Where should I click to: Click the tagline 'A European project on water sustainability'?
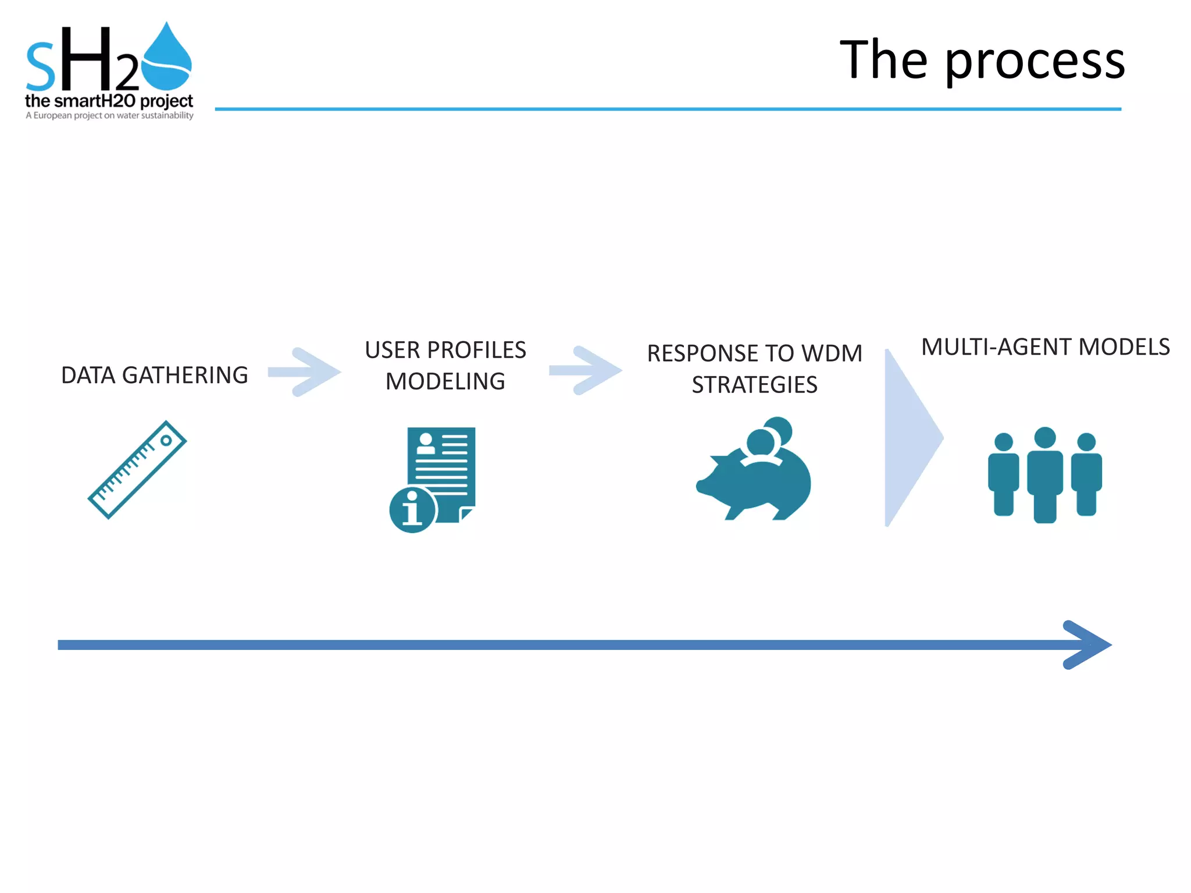click(x=109, y=116)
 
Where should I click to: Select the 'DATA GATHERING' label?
click(x=155, y=376)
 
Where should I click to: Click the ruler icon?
click(x=137, y=470)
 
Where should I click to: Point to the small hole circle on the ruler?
click(x=166, y=441)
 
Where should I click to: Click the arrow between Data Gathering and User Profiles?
click(x=305, y=372)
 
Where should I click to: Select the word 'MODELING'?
click(x=445, y=381)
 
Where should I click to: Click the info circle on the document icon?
click(x=412, y=510)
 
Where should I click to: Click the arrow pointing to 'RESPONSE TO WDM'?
click(x=586, y=370)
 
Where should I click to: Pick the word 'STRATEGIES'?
click(x=754, y=385)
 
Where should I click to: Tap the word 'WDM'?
click(x=832, y=353)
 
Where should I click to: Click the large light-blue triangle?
click(x=907, y=438)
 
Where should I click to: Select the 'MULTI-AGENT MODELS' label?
click(x=1045, y=347)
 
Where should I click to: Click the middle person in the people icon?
click(x=1045, y=474)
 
